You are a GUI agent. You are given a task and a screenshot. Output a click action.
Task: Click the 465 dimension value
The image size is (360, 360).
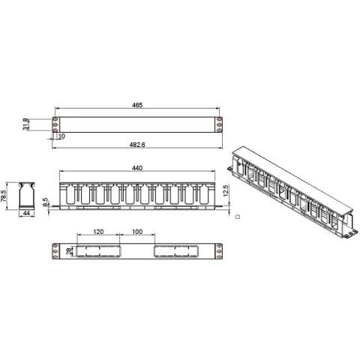[x=137, y=105]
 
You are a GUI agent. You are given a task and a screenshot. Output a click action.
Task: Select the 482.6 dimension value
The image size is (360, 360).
[x=137, y=145]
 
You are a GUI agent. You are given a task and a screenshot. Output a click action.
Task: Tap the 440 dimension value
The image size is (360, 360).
[x=137, y=168]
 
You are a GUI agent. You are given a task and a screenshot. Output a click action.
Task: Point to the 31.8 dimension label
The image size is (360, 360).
[x=25, y=124]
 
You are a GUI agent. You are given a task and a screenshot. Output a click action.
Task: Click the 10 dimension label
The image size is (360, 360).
[x=61, y=136]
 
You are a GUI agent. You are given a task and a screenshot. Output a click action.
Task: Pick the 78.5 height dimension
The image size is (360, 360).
[x=3, y=196]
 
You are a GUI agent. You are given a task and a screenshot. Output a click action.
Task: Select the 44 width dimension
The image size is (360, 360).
[x=26, y=213]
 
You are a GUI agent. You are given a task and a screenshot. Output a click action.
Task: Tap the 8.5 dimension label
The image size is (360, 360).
[x=45, y=202]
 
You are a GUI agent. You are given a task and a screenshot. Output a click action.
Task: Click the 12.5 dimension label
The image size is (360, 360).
[x=225, y=190]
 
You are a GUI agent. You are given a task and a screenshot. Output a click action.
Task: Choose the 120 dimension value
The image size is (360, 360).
[x=98, y=232]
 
